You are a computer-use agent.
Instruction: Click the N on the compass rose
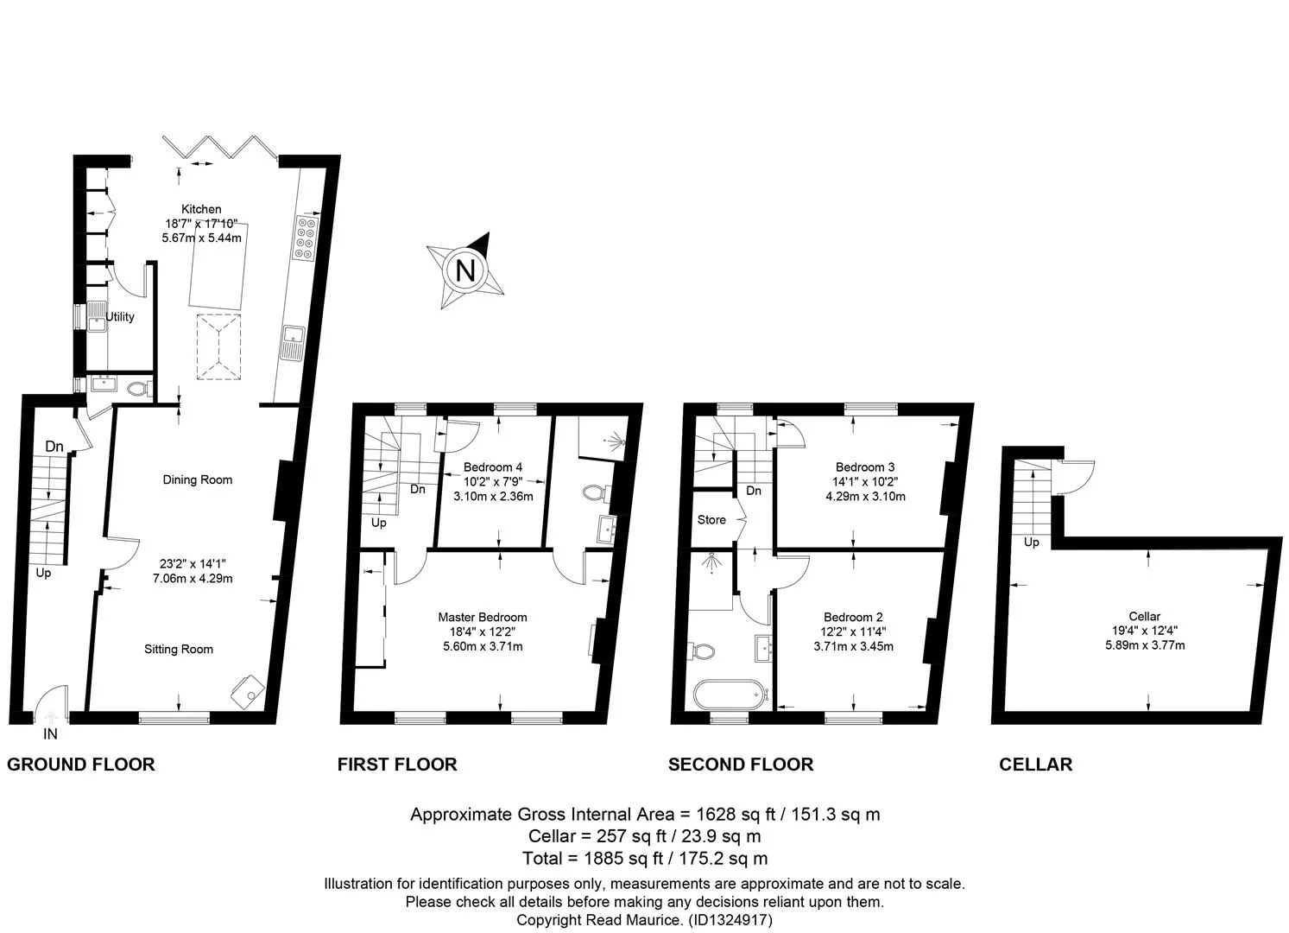[x=465, y=270]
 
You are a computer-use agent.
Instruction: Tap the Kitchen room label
[x=201, y=209]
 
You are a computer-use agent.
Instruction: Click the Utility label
[x=120, y=317]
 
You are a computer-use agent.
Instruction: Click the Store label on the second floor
[x=711, y=519]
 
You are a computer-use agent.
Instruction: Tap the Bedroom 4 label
[x=493, y=467]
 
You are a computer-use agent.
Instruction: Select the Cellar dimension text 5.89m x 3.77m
[x=1145, y=645]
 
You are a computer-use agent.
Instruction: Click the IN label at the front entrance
[x=50, y=733]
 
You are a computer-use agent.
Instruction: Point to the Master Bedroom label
[x=483, y=618]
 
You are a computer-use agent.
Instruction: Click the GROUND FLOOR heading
[x=80, y=765]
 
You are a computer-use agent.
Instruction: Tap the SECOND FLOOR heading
[x=741, y=765]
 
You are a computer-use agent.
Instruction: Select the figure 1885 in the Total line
[x=603, y=859]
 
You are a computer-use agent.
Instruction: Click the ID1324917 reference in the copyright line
[x=730, y=920]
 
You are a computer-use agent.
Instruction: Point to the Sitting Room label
[x=179, y=649]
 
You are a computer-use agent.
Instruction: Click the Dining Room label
[x=198, y=479]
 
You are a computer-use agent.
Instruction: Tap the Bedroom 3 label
[x=865, y=467]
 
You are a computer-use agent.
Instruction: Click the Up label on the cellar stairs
[x=1031, y=542]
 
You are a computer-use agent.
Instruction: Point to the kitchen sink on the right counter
[x=293, y=342]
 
